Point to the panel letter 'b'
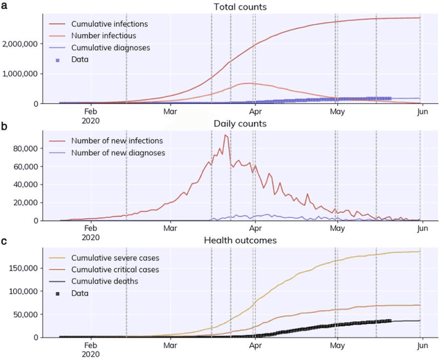coord(4,125)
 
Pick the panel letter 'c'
coord(4,241)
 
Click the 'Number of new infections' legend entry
coord(111,141)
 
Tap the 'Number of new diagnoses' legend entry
coord(111,153)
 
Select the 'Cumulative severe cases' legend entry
coord(111,258)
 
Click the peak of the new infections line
coord(225,135)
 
